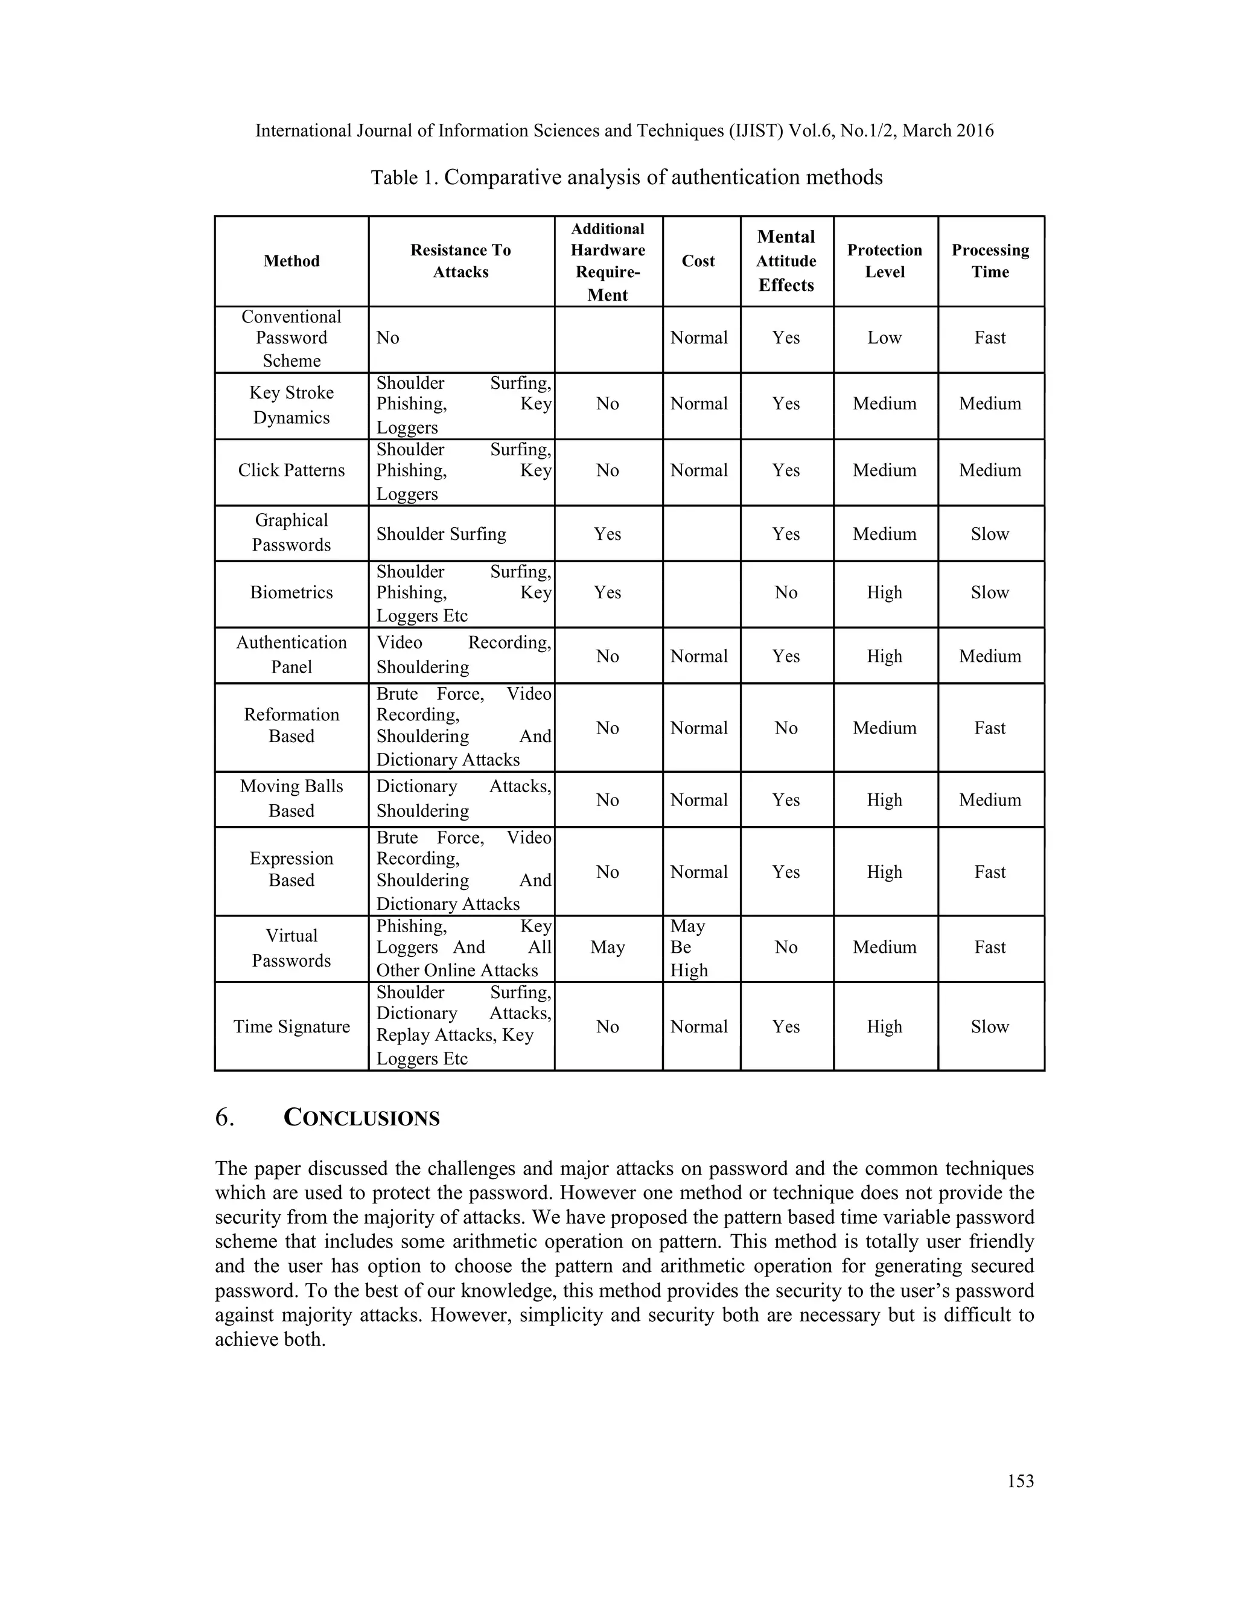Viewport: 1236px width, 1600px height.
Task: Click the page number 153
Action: click(1020, 1480)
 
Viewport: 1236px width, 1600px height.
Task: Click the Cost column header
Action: click(698, 261)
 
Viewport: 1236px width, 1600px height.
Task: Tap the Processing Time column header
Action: click(990, 261)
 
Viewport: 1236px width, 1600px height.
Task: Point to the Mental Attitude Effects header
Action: click(786, 261)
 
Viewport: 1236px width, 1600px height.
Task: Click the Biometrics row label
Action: click(291, 593)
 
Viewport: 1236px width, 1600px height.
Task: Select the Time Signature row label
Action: click(291, 1026)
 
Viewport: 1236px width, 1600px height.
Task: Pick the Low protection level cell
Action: click(885, 338)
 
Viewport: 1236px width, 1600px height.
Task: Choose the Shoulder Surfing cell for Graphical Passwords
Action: click(442, 534)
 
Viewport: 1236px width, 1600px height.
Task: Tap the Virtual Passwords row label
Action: click(291, 947)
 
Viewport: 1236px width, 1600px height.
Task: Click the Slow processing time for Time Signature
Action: click(990, 1026)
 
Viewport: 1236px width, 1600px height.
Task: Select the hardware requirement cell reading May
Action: click(608, 947)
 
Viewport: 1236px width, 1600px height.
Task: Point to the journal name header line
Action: click(624, 131)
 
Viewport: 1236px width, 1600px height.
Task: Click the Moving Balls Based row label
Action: click(291, 799)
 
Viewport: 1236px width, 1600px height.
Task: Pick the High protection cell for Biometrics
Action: click(885, 593)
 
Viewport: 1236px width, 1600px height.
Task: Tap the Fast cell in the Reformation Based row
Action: click(990, 728)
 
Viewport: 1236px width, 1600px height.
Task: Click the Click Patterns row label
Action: click(291, 470)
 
